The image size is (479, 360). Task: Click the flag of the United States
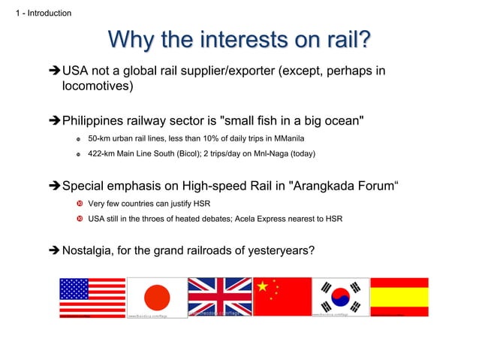92,298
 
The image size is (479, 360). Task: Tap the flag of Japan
157,298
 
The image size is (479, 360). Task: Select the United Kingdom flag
220,297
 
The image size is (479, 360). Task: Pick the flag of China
283,297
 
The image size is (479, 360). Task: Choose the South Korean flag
340,297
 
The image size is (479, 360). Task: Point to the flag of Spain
399,297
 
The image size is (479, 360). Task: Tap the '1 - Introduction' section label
38,13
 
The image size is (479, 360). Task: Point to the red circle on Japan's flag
157,298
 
